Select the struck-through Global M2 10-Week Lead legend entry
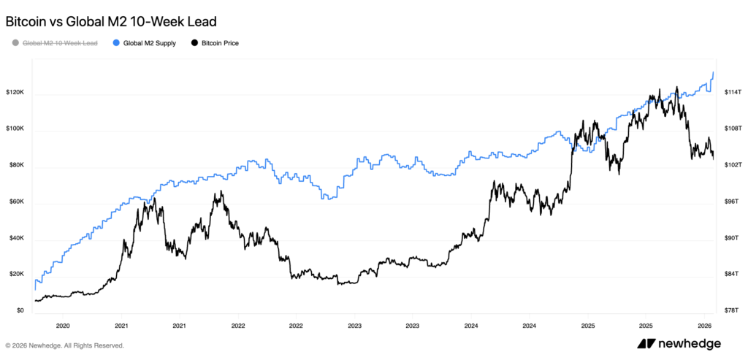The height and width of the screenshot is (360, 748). (60, 43)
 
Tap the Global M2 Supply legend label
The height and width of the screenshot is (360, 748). (149, 43)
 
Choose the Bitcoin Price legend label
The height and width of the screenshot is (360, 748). (220, 43)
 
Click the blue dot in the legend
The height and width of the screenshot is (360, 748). (117, 43)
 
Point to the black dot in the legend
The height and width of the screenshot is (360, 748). (194, 43)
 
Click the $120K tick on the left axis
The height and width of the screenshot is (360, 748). (15, 93)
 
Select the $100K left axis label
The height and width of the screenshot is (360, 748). (15, 129)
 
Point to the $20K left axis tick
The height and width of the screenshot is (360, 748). (17, 275)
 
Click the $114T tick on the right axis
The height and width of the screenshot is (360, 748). (733, 93)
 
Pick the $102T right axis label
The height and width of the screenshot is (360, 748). (733, 166)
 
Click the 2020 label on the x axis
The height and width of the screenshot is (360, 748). (63, 326)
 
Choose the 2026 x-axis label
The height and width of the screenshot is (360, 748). (704, 326)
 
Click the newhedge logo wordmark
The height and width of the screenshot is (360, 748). (689, 344)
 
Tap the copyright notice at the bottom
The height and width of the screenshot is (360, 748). (64, 345)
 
